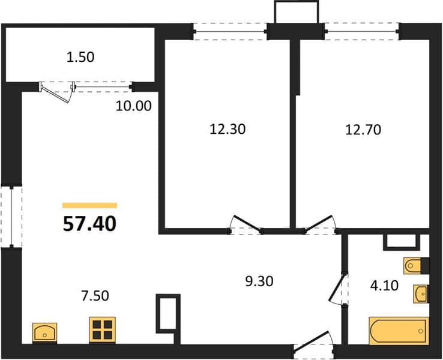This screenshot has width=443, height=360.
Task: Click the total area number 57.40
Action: click(x=89, y=224)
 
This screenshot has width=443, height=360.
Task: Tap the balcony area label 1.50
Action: click(x=80, y=58)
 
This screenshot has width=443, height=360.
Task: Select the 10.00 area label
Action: click(x=134, y=106)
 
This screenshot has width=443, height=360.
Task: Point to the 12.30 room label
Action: click(x=228, y=130)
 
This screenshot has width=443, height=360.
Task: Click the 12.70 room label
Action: click(x=363, y=130)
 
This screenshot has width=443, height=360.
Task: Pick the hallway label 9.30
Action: click(x=259, y=281)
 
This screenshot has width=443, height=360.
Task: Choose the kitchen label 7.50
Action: click(x=95, y=296)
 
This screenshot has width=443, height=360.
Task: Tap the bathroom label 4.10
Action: click(x=384, y=286)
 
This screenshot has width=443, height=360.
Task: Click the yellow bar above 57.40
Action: click(x=89, y=205)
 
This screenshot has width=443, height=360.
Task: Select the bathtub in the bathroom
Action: click(x=399, y=331)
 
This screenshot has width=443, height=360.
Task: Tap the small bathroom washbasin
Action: click(x=421, y=293)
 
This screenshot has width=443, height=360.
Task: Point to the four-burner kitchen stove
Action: click(x=102, y=331)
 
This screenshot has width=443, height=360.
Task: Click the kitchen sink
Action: click(x=44, y=333)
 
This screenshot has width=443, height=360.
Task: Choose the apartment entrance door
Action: click(x=312, y=341)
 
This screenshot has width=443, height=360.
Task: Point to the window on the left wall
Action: click(x=11, y=217)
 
